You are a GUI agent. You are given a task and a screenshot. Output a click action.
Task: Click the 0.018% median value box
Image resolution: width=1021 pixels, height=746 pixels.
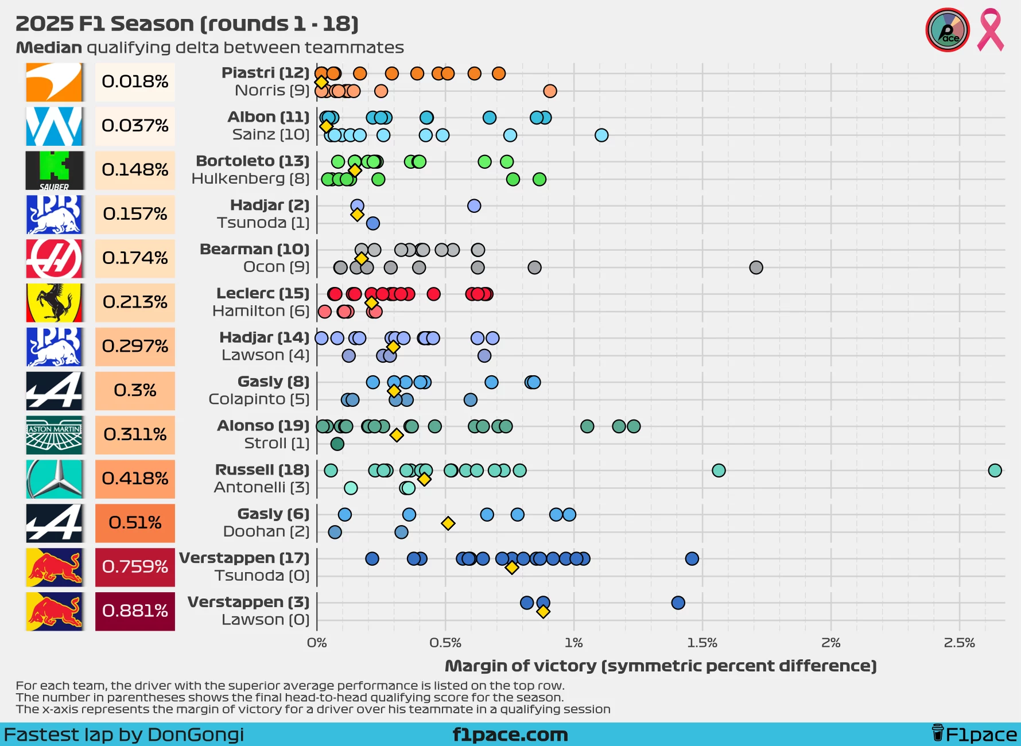pos(135,82)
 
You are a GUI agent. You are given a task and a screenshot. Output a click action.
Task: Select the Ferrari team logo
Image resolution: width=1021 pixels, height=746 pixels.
pos(55,302)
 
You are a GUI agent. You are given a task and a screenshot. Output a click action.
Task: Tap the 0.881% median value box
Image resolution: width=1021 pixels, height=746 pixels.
pos(135,611)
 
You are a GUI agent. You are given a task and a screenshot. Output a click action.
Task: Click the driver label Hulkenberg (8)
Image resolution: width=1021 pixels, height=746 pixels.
pos(250,179)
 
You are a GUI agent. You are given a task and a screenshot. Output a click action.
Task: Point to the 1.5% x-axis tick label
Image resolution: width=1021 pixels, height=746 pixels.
pos(702,643)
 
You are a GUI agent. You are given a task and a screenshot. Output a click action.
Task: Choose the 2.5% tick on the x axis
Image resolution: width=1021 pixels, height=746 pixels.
pos(959,643)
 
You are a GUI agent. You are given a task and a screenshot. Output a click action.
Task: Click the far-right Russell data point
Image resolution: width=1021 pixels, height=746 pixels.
pos(995,471)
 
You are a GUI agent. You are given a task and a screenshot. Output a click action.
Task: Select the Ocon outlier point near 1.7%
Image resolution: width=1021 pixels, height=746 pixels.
pos(756,267)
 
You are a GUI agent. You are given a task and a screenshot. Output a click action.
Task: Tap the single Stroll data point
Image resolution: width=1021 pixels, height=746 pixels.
pos(337,444)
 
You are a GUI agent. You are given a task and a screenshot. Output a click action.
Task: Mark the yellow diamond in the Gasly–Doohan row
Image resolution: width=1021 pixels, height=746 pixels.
pos(448,523)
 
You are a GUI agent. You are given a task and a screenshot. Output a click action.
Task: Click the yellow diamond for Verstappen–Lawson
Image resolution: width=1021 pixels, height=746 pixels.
pos(543,612)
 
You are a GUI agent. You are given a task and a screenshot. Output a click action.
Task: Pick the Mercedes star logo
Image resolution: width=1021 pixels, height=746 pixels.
pos(55,479)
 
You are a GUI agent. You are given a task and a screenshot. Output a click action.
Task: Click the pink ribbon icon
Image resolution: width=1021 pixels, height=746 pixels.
pos(991,30)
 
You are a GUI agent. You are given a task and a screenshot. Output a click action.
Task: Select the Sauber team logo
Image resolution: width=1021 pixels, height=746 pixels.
pos(55,170)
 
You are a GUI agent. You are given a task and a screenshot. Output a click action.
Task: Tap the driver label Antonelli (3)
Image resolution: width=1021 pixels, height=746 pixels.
pos(261,488)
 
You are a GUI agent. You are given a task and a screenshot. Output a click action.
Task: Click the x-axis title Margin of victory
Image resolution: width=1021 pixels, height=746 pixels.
pos(661,666)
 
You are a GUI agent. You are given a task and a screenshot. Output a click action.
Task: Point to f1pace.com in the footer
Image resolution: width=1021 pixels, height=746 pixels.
pos(510,735)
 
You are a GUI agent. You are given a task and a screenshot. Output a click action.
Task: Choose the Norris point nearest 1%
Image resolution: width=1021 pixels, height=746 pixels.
pos(550,91)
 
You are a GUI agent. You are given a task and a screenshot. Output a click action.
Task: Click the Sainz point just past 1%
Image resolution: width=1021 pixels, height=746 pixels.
pos(601,135)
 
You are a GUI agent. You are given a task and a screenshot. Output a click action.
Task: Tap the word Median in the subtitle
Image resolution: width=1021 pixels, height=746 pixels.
pos(49,48)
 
